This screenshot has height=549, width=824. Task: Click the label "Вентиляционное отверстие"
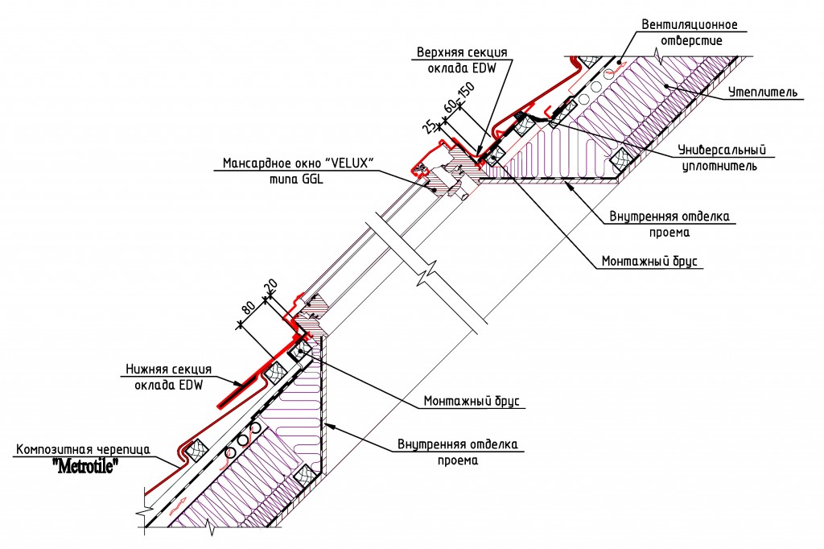pos(689,31)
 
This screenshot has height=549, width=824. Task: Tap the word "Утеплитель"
pos(764,92)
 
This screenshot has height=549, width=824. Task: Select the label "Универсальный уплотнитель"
pos(720,158)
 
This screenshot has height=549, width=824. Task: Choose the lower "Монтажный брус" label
pos(473,401)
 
